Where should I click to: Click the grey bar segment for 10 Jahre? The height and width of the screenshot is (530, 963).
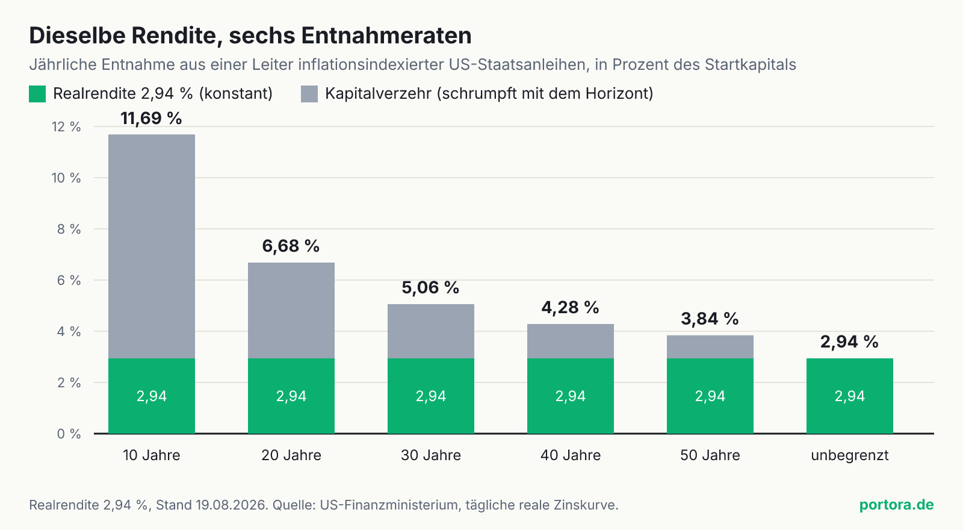151,246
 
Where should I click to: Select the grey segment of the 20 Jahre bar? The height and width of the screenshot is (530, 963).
291,310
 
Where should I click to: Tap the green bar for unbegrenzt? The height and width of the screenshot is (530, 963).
849,396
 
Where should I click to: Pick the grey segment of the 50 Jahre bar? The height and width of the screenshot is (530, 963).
710,347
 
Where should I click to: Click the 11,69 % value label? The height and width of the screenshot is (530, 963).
151,118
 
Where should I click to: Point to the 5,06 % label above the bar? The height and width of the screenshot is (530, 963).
430,287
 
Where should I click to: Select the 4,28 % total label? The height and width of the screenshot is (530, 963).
570,307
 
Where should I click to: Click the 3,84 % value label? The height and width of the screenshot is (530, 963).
710,319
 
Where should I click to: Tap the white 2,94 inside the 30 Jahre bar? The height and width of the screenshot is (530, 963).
431,396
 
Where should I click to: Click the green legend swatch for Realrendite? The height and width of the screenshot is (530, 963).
37,94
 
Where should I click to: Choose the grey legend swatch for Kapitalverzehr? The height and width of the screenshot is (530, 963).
309,94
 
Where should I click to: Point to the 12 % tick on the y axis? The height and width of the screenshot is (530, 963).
66,127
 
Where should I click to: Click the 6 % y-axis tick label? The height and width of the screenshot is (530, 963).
69,281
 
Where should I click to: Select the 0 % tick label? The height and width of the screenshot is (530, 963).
69,434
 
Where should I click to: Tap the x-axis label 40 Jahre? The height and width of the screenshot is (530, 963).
571,455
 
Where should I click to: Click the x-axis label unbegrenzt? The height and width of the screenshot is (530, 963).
849,455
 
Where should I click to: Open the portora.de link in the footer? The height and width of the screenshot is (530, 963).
896,505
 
